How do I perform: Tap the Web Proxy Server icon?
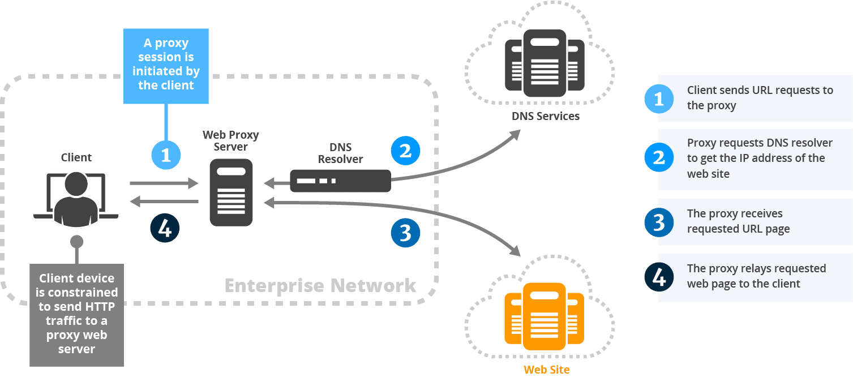tap(231, 192)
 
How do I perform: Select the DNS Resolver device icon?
tap(340, 181)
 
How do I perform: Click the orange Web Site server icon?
tap(544, 316)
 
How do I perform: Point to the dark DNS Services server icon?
tap(544, 63)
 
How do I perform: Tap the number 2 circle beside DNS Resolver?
tap(405, 151)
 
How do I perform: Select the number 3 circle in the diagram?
tap(405, 233)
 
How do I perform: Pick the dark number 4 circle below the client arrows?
tap(165, 229)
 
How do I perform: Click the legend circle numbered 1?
tap(659, 99)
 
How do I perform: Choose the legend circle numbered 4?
tap(659, 277)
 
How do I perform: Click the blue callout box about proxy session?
tap(166, 65)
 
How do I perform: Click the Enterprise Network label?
tap(320, 285)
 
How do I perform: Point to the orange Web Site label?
tap(546, 370)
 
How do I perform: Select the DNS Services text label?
tap(546, 117)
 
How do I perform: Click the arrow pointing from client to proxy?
tap(164, 183)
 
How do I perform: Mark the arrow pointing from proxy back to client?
tap(164, 202)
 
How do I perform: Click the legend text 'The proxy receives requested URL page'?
tap(738, 221)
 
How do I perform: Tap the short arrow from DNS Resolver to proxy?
tap(277, 183)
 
